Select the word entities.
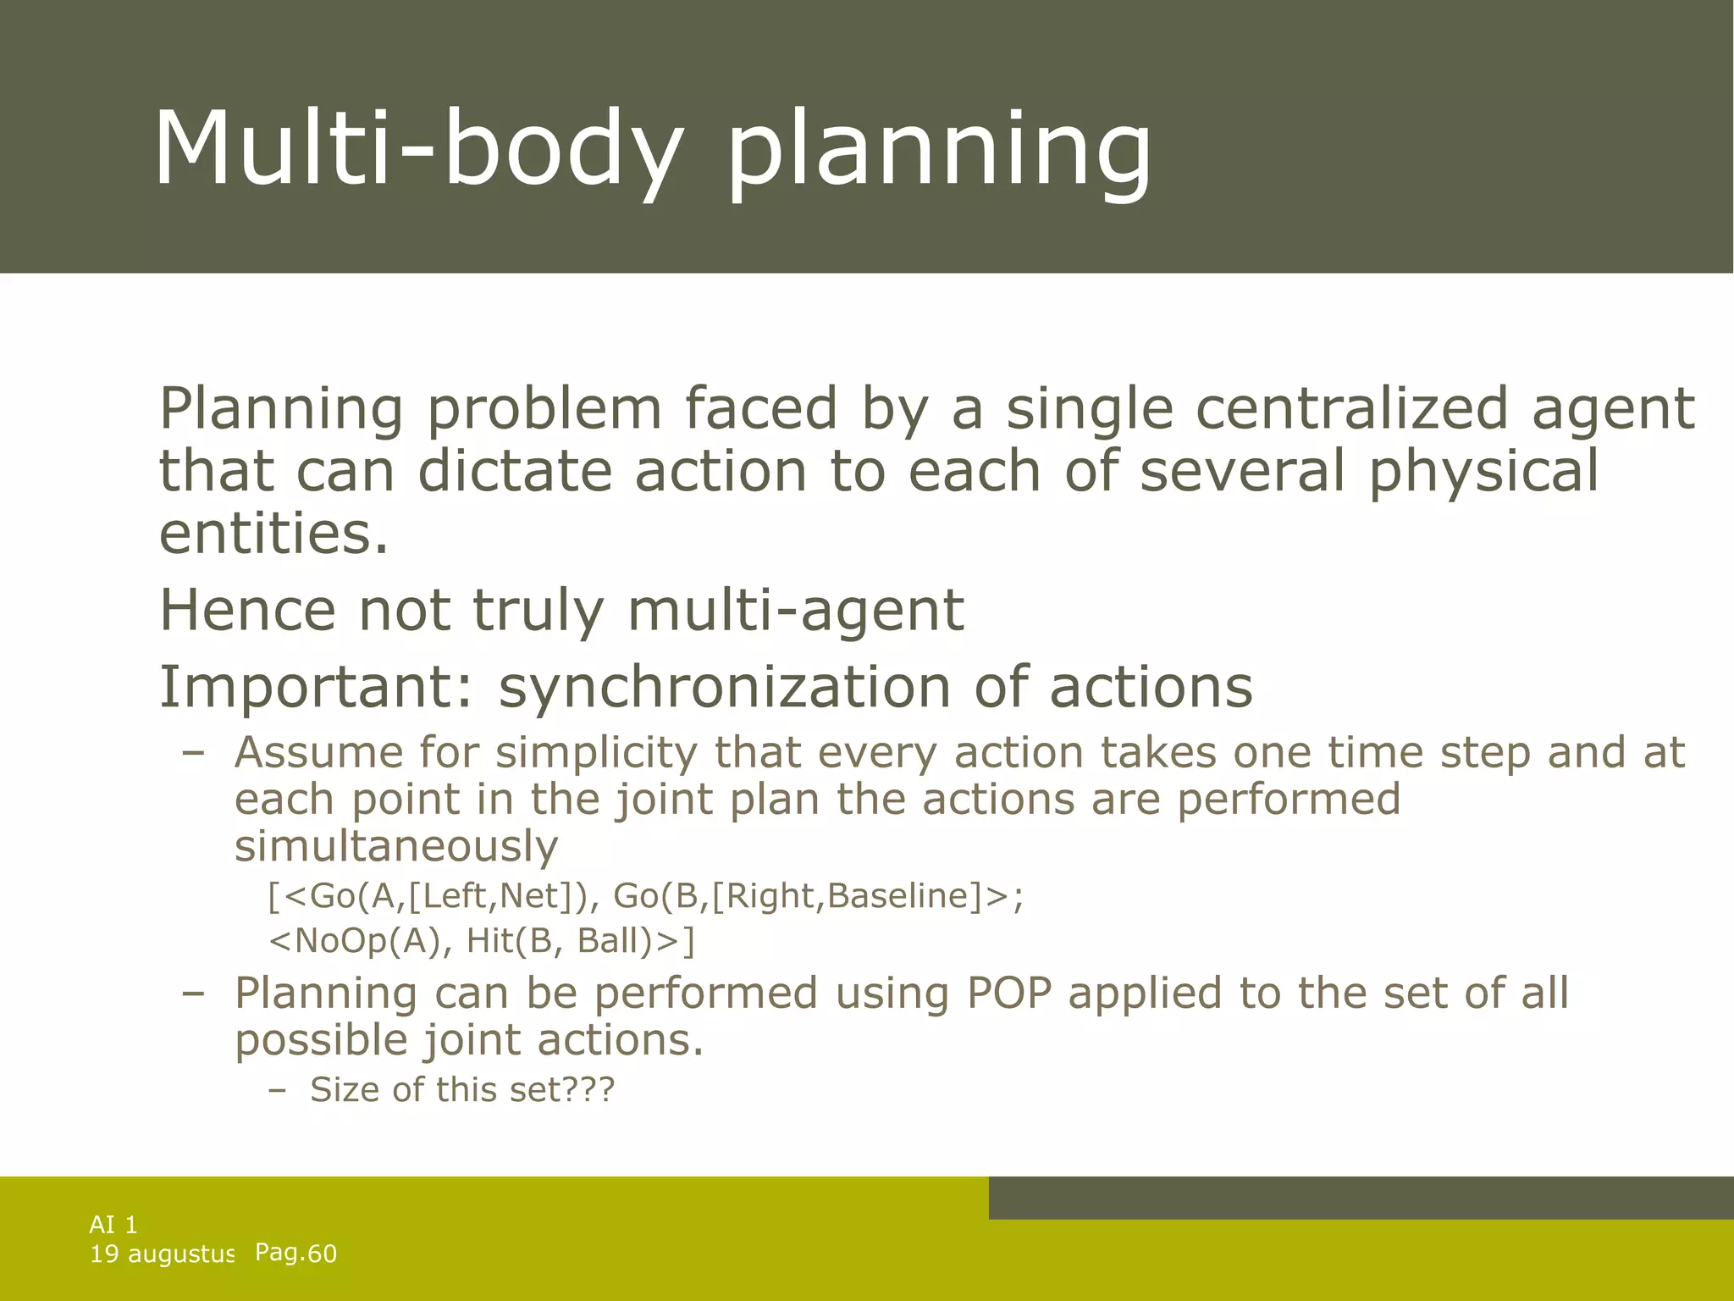pos(273,534)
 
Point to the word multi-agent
pos(795,610)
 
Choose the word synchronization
pos(724,687)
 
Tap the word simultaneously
pos(396,845)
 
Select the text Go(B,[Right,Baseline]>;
pos(818,896)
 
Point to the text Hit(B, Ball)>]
pos(581,941)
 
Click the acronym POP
pos(1008,993)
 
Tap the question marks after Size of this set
pos(589,1089)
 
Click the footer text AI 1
pos(113,1224)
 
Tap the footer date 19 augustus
pos(161,1254)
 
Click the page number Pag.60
pos(295,1253)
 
